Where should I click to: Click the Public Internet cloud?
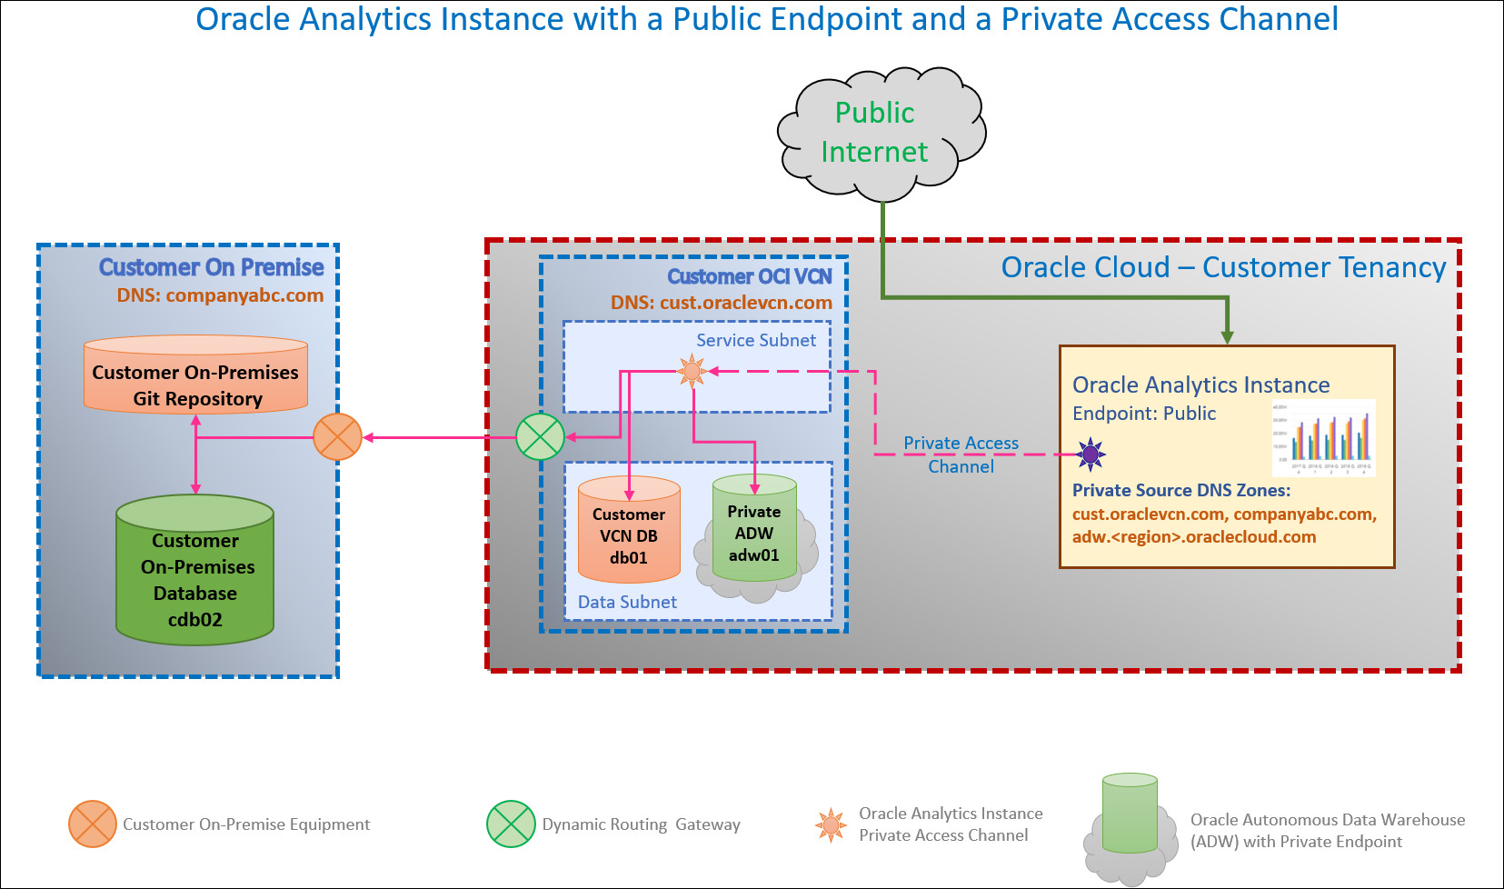tap(878, 133)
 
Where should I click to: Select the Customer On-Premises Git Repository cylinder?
tap(195, 375)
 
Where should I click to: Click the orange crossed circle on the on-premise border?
tap(337, 437)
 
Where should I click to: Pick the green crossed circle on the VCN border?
tap(540, 437)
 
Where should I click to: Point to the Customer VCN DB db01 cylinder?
tap(629, 531)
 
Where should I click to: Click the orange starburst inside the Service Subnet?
tap(692, 371)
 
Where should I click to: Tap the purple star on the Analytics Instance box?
tap(1091, 454)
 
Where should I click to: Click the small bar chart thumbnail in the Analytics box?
tap(1323, 438)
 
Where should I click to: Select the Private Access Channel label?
tap(961, 454)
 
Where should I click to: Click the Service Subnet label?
tap(756, 340)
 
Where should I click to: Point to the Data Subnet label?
tap(627, 602)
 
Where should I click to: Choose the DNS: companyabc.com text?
tap(220, 295)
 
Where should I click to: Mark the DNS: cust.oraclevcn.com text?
tap(721, 303)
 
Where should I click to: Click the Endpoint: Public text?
tap(1143, 414)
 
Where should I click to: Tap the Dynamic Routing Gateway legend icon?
tap(511, 824)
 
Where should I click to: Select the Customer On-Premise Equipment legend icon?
tap(93, 824)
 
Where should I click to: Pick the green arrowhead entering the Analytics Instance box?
tap(1227, 337)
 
